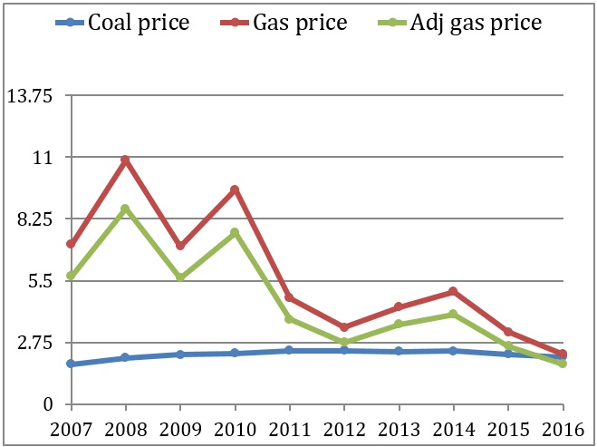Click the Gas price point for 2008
[x=125, y=160]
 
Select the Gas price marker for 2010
[x=235, y=189]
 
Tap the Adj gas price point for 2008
[x=125, y=209]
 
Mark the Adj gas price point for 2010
[x=235, y=232]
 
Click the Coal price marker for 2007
[x=70, y=364]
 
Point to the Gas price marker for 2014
[x=453, y=291]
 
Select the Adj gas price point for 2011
[x=289, y=319]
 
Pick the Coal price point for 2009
[x=179, y=355]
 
